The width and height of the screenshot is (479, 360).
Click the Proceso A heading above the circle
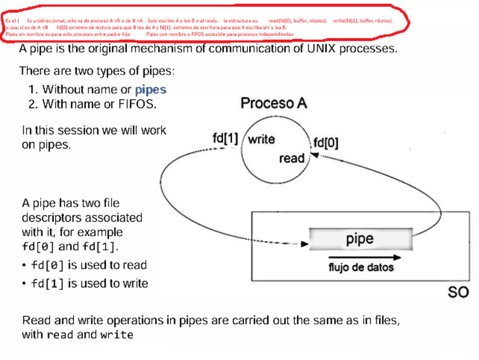tap(274, 103)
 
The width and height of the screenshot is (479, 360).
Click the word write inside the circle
tap(261, 139)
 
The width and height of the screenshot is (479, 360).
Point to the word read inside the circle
tap(291, 158)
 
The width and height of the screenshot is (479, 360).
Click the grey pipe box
tap(360, 239)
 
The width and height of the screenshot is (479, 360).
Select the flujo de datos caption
tap(361, 267)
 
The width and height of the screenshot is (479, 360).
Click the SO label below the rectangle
tap(458, 293)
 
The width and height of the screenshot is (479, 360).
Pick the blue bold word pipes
tap(151, 89)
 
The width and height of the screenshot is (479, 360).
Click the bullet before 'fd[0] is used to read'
tap(24, 266)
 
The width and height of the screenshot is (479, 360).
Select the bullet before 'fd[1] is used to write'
tap(24, 284)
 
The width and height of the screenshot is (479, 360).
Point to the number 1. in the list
tap(33, 89)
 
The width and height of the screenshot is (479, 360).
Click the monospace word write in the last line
tap(117, 335)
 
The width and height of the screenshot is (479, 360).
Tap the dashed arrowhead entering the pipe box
tap(306, 245)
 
